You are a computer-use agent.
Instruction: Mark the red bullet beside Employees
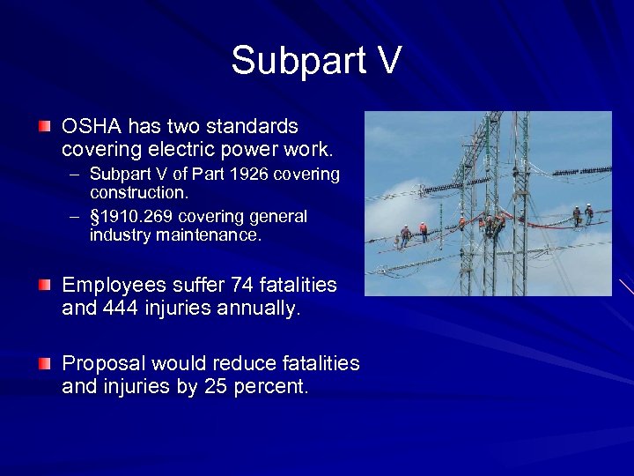tap(44, 285)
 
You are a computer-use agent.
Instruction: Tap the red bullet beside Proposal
tap(44, 363)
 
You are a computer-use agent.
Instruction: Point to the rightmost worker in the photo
tap(588, 214)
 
